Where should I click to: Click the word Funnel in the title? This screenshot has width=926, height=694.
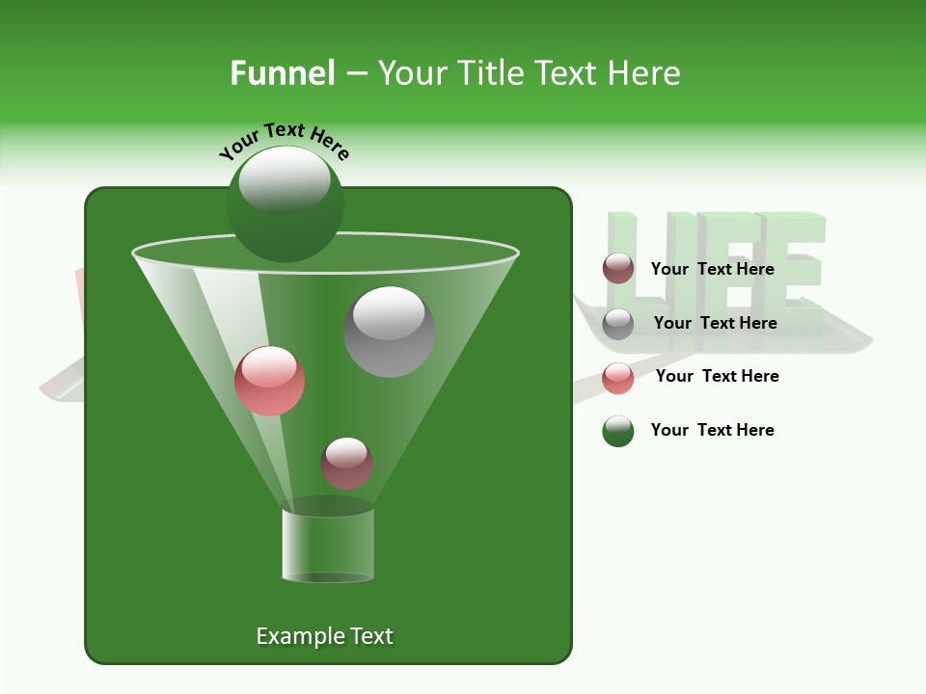[x=282, y=73]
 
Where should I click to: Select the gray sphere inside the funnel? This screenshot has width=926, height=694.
[x=389, y=332]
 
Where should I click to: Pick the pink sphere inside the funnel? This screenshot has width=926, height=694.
[x=269, y=381]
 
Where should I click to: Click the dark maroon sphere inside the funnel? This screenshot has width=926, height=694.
[x=346, y=464]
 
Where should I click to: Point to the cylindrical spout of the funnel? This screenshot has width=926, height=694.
[x=328, y=545]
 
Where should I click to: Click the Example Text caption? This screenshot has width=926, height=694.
[x=324, y=636]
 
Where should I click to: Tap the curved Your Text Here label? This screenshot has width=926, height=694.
[x=285, y=140]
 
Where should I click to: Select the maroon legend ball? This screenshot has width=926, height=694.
[x=618, y=269]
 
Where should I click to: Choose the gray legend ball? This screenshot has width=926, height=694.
[x=618, y=324]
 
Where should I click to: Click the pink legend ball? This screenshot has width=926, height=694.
[x=618, y=378]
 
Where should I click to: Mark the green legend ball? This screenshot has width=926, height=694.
[x=618, y=431]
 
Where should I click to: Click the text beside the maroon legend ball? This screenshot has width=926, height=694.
[x=712, y=269]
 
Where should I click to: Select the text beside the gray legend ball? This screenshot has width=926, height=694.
[x=715, y=323]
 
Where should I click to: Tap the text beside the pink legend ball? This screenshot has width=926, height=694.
[x=717, y=376]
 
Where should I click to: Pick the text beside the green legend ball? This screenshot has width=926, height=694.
[x=712, y=430]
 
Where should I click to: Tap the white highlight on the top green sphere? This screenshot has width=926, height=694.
[x=285, y=180]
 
